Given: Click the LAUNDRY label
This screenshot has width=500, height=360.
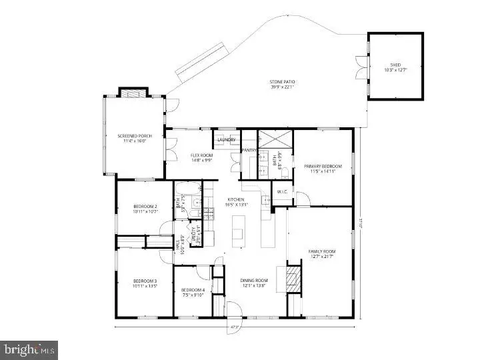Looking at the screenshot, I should [226, 140].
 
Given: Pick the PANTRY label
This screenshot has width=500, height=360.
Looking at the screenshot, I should [249, 151].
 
